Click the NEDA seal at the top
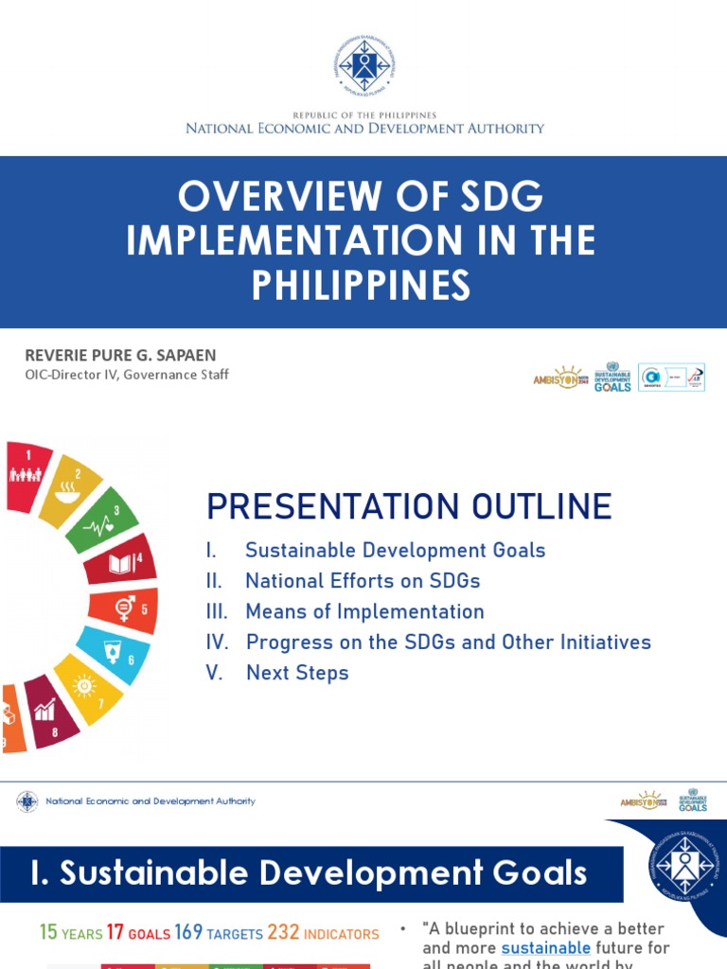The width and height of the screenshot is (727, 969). click(x=363, y=64)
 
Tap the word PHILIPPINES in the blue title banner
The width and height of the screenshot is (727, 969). click(x=361, y=285)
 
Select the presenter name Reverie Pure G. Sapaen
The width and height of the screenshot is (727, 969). click(x=120, y=355)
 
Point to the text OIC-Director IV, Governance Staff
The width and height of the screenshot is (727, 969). click(x=127, y=374)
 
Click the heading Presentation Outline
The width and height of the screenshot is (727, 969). click(x=409, y=506)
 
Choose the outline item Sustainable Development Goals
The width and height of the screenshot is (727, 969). click(x=395, y=550)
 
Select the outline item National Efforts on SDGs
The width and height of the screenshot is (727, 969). click(x=363, y=581)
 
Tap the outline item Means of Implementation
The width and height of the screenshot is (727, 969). click(x=364, y=611)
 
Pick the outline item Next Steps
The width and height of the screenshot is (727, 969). click(x=297, y=673)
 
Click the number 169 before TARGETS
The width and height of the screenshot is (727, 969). click(x=188, y=933)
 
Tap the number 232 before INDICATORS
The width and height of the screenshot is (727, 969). click(x=283, y=933)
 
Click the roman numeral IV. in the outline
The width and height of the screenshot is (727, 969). click(x=218, y=643)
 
